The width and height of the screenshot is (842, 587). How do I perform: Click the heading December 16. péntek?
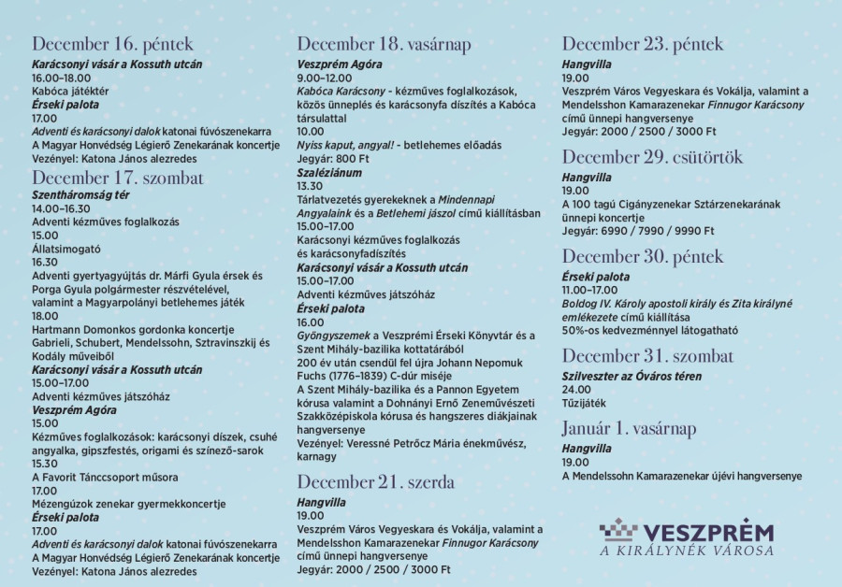[x=112, y=43]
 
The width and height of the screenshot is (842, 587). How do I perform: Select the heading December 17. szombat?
[x=117, y=177]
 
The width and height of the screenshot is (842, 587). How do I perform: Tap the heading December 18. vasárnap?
[x=384, y=44]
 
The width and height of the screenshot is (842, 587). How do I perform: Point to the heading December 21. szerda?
[x=375, y=482]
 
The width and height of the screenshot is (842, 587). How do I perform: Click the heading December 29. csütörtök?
[x=655, y=155]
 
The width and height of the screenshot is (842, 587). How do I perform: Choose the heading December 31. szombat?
[x=647, y=355]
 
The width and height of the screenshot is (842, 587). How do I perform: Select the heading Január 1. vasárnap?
[x=642, y=428]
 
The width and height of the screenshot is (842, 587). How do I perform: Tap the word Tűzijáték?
[x=586, y=403]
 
